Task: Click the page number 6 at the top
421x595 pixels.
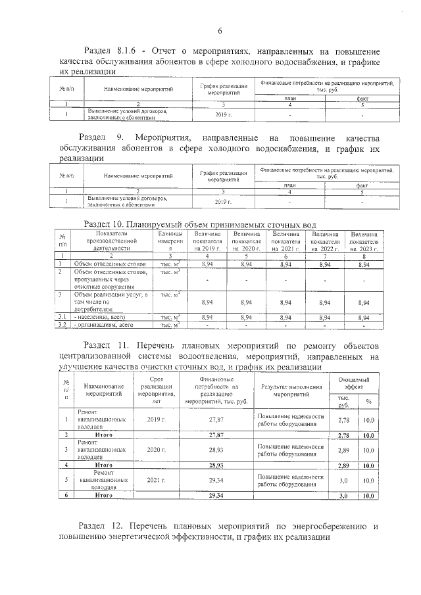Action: tap(220, 30)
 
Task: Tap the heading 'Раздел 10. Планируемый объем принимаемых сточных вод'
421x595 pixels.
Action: tap(206, 224)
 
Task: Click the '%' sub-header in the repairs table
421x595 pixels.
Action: tap(368, 402)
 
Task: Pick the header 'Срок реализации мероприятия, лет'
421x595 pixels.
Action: tap(156, 389)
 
